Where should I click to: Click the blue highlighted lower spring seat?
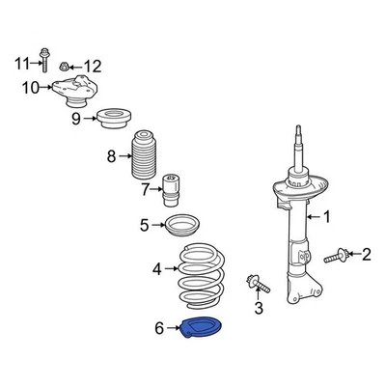click(200, 329)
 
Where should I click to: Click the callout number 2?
click(366, 255)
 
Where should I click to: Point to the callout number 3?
click(258, 308)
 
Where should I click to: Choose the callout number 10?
click(31, 88)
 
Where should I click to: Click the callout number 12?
click(92, 66)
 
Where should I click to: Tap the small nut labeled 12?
click(63, 67)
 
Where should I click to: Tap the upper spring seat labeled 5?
click(179, 230)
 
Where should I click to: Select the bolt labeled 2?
click(337, 257)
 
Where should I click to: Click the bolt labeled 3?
click(257, 283)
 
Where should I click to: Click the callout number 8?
click(111, 154)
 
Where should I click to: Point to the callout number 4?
click(157, 269)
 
